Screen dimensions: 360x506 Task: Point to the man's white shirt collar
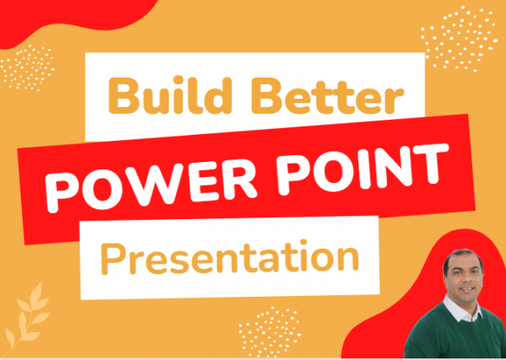[x=460, y=314]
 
